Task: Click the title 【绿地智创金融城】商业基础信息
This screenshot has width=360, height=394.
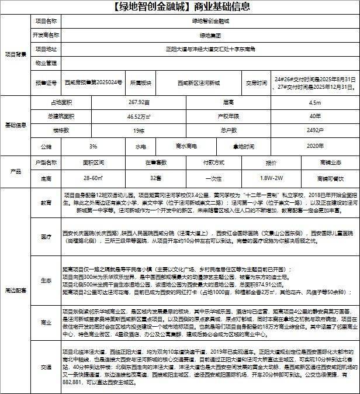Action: coord(179,8)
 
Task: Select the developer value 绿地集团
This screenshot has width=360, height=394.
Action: coord(210,35)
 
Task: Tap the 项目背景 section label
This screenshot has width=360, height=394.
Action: coord(16,54)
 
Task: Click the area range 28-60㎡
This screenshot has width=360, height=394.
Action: coord(94,177)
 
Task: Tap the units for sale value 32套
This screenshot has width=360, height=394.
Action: coord(155,177)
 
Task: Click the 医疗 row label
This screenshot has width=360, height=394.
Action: coord(46,236)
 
